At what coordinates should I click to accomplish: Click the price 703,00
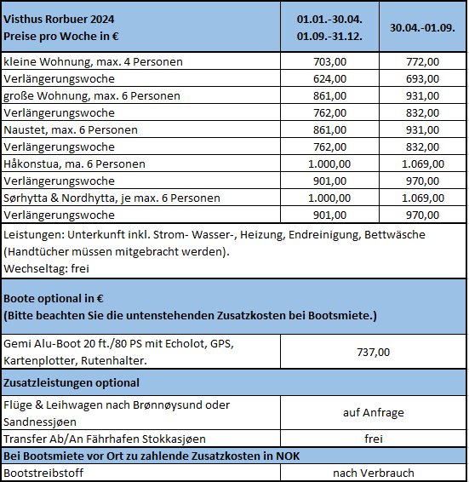click(x=329, y=62)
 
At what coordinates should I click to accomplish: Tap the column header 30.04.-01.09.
click(x=422, y=27)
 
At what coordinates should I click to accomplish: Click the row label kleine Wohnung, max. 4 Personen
click(x=93, y=62)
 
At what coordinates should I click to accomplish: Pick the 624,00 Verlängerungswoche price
click(x=329, y=79)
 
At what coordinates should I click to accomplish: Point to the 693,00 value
click(x=422, y=79)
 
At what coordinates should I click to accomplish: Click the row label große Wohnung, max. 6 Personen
click(x=92, y=96)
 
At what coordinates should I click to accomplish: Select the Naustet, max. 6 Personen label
click(x=71, y=130)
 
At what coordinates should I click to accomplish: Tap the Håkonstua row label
click(x=74, y=164)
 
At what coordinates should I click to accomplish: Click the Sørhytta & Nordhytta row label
click(x=112, y=198)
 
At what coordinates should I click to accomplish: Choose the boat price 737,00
click(x=373, y=352)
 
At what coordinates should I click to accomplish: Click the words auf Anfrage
click(x=374, y=412)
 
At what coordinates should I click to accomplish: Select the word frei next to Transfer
click(x=374, y=439)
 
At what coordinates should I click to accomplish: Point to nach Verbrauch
click(x=374, y=473)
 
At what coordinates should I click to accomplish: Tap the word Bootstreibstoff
click(x=43, y=473)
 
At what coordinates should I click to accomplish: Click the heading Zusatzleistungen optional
click(x=71, y=382)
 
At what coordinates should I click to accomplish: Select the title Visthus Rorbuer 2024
click(x=59, y=19)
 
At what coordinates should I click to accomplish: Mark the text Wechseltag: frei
click(x=47, y=268)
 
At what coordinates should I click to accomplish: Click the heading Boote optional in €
click(x=54, y=299)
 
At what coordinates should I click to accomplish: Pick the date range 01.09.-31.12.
click(x=329, y=37)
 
